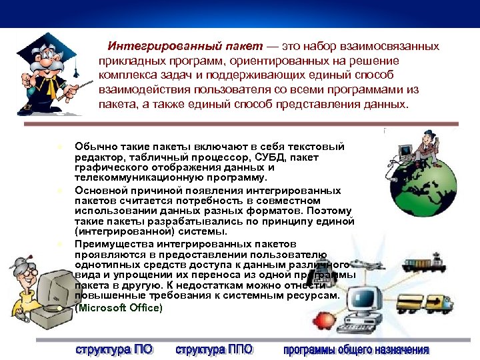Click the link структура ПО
113,349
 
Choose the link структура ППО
213,349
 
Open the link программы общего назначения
356,349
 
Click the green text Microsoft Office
120,308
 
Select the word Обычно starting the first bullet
95,147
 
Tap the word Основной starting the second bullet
98,190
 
